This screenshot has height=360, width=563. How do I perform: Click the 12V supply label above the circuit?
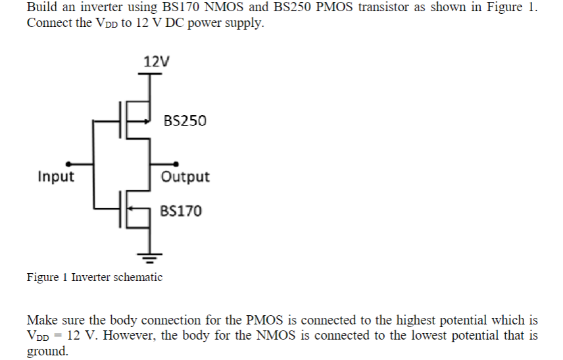[x=156, y=62]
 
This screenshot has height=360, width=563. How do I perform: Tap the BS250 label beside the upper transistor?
[x=184, y=121]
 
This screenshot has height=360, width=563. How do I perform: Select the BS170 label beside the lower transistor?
[x=181, y=211]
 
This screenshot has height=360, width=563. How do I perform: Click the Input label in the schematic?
[x=56, y=177]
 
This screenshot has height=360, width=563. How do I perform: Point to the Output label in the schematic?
[x=185, y=177]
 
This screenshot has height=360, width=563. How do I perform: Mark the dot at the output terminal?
[x=176, y=164]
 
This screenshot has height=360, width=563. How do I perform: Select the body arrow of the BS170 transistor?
[x=135, y=211]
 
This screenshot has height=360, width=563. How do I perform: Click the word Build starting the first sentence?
[x=41, y=8]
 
